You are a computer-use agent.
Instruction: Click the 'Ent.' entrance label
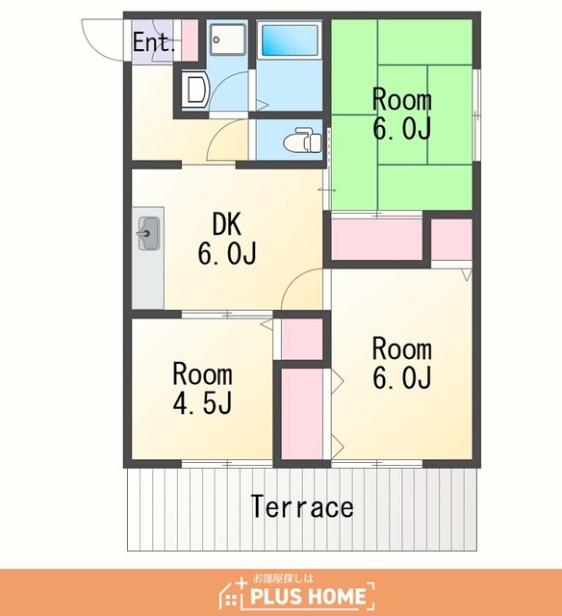coord(154,42)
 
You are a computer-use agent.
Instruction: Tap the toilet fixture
coord(303,140)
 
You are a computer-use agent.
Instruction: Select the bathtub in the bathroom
coord(290,39)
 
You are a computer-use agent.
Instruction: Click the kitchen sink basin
coord(149,233)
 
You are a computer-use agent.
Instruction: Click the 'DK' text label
coord(226,224)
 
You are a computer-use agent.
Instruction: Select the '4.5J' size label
coord(203,402)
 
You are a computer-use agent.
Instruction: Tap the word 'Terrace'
coord(302,506)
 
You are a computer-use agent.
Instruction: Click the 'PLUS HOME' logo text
coord(308,596)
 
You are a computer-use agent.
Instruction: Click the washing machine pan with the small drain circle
coord(228,39)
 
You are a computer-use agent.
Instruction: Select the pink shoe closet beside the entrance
coord(190,39)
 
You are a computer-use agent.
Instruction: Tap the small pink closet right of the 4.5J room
coord(302,339)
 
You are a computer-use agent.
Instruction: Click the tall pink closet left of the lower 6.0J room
coord(302,414)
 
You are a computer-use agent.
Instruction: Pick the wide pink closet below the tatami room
coord(376,240)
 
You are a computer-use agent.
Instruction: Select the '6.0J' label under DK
coord(227,253)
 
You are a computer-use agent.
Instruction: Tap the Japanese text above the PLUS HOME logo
coord(283,578)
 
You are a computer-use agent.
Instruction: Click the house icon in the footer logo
coord(233,593)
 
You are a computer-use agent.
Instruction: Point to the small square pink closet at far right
coord(451,240)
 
